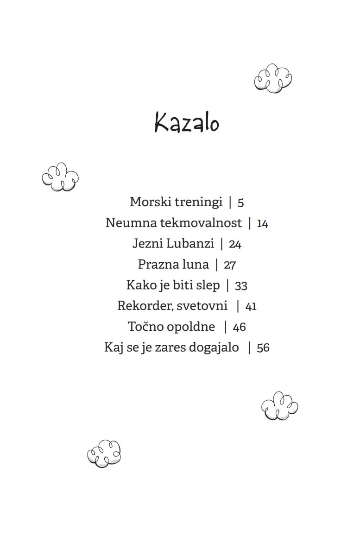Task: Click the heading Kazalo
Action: [x=186, y=123]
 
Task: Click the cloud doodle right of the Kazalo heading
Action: [x=273, y=78]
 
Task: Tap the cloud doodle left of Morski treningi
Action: [x=60, y=177]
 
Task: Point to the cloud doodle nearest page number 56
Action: [x=279, y=406]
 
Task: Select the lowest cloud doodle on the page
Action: [x=104, y=453]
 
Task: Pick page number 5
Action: [x=240, y=202]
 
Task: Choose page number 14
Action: [x=262, y=224]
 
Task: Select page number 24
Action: [x=235, y=244]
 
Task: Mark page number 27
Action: [x=230, y=265]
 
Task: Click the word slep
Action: [x=208, y=285]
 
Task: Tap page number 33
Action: [x=241, y=286]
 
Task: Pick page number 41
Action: [x=251, y=307]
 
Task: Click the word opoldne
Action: [x=191, y=327]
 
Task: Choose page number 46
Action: [x=239, y=327]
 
